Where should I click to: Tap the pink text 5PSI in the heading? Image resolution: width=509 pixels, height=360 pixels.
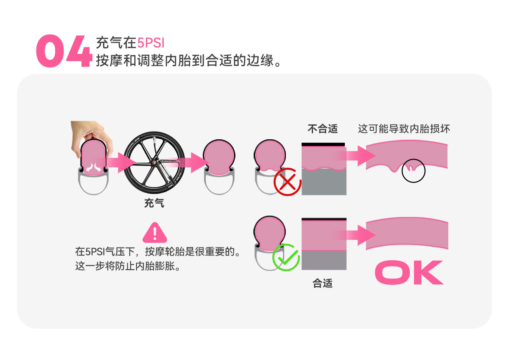151,43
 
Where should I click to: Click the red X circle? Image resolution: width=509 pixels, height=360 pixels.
287,182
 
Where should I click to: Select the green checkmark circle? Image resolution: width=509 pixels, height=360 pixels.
286,257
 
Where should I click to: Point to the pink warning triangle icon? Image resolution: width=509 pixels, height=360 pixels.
155,233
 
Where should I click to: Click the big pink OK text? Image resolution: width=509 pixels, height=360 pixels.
409,273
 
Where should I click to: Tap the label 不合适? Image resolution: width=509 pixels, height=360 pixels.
322,129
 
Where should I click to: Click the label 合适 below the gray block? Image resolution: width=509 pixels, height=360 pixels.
322,283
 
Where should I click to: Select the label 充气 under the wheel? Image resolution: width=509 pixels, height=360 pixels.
154,203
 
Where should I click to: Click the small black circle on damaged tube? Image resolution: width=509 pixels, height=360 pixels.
413,170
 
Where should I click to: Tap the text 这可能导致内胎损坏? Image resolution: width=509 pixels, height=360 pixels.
404,129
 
